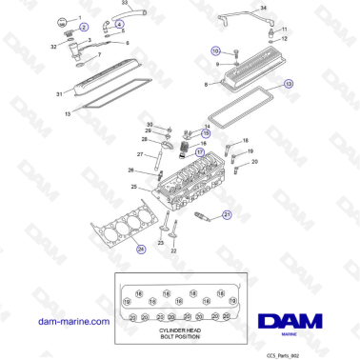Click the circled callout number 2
84,29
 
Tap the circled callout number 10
215,50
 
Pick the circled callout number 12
290,84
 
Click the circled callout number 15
205,134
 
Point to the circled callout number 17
199,150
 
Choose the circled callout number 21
227,215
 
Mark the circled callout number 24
141,250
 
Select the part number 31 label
58,93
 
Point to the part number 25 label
135,186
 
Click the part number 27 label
139,154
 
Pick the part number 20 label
254,163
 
